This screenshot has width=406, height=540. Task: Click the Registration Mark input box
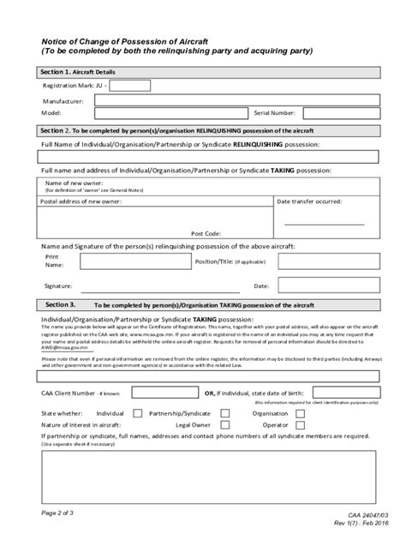(130, 86)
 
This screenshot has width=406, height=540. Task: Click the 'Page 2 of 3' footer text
(61, 511)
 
